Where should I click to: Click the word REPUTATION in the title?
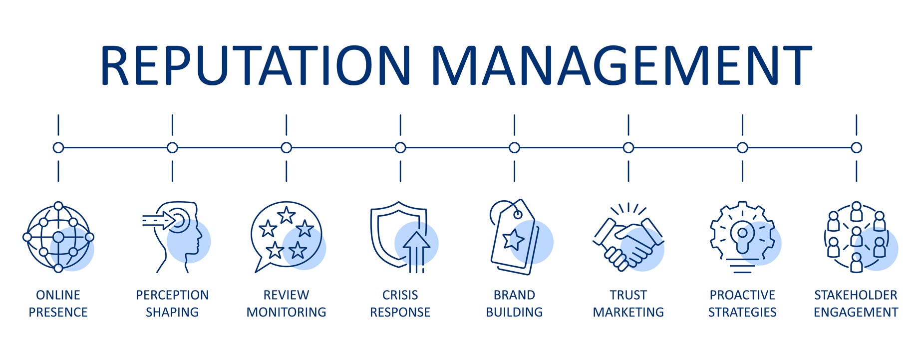pos(256,65)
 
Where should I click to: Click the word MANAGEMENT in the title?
pos(621,65)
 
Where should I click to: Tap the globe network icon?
pos(58,237)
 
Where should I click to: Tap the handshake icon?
pos(628,238)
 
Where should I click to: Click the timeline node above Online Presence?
pos(58,148)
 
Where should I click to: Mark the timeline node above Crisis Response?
pos(400,148)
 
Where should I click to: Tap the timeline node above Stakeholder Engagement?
pos(857,148)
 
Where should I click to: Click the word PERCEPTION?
pos(172,295)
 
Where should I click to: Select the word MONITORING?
pos(287,312)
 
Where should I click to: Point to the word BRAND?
pos(515,295)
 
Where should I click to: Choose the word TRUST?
pos(628,295)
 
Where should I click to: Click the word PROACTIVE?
pos(743,295)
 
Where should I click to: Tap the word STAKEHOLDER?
pos(856,295)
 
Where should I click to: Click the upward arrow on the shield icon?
pos(416,252)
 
